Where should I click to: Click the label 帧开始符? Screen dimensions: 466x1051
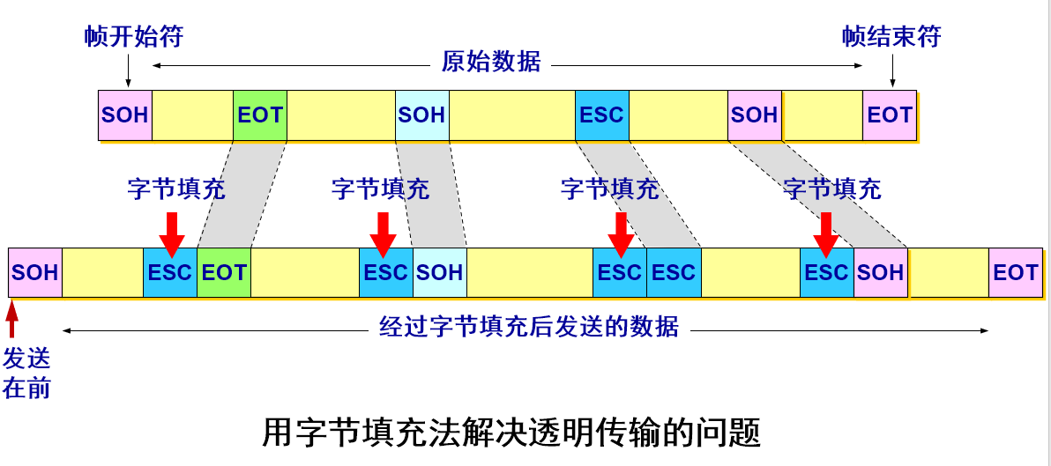click(x=134, y=37)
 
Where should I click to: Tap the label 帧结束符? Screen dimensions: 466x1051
click(x=891, y=37)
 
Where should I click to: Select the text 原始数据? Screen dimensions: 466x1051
click(x=491, y=63)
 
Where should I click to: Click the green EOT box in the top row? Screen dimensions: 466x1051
click(x=260, y=115)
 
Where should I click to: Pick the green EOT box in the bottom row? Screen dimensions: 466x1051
click(x=224, y=272)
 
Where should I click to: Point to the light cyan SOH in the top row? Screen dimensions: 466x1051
click(x=421, y=115)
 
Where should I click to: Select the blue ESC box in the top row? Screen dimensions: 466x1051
click(x=601, y=115)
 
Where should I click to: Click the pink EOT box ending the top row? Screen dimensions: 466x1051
click(x=890, y=115)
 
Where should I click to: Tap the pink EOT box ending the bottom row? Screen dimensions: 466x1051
click(x=1016, y=272)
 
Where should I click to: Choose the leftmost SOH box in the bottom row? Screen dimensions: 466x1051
click(x=35, y=272)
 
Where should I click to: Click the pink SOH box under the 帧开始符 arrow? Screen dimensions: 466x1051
click(x=125, y=115)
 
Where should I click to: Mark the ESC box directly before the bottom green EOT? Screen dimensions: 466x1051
click(x=170, y=272)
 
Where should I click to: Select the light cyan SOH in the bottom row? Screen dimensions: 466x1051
click(x=440, y=272)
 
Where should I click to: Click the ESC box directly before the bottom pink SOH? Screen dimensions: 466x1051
click(x=826, y=272)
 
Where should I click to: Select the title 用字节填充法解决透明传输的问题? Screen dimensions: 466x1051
click(x=511, y=433)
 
